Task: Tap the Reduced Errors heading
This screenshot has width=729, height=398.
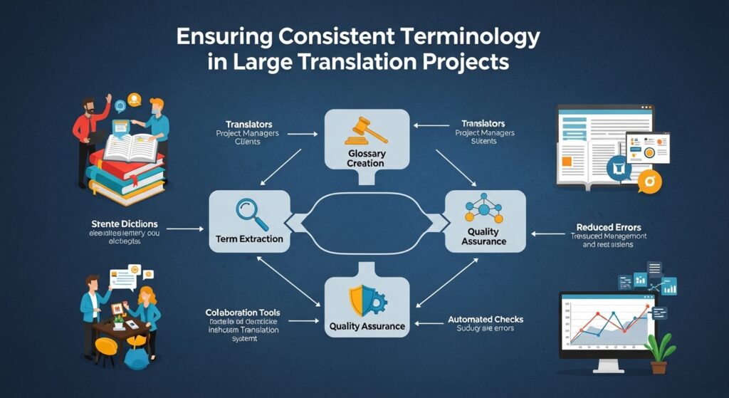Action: pyautogui.click(x=604, y=228)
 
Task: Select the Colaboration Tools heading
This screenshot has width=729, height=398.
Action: pyautogui.click(x=243, y=312)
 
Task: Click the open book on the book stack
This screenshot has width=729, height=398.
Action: pyautogui.click(x=130, y=145)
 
